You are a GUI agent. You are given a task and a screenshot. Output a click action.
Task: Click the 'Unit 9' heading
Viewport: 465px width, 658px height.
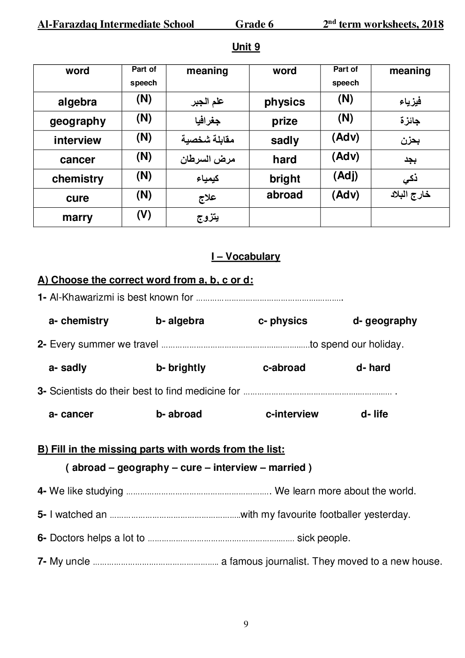pos(246,47)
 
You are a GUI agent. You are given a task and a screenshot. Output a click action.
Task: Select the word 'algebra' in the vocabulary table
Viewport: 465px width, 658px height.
pos(77,102)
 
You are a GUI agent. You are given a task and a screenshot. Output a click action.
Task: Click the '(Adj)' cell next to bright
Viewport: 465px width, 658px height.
pos(345,176)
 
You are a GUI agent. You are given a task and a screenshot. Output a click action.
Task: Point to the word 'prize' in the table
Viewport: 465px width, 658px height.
pos(285,121)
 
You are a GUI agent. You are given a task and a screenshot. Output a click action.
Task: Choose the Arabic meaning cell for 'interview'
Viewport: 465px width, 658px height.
pos(207,140)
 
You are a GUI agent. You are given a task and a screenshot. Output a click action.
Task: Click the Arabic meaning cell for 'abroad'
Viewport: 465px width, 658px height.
pos(410,195)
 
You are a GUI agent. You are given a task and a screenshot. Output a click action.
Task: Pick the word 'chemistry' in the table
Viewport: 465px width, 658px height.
pos(77,179)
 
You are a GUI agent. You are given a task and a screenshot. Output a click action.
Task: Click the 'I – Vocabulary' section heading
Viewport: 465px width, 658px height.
pos(246,257)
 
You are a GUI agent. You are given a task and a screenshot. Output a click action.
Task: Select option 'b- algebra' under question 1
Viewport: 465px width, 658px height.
pos(180,321)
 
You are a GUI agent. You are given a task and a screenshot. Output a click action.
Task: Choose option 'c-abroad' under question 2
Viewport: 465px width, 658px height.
pos(284,368)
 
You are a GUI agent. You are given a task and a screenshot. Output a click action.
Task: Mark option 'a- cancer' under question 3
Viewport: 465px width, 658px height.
pos(71,414)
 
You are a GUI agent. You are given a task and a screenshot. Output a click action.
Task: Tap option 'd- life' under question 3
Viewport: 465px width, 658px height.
pos(374,414)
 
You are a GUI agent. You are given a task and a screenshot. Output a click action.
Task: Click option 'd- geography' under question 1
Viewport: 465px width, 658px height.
pos(384,321)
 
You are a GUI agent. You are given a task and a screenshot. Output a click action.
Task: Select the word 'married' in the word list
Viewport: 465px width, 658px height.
pos(287,468)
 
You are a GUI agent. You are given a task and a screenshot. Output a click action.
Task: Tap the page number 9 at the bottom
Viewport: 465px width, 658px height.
pos(246,624)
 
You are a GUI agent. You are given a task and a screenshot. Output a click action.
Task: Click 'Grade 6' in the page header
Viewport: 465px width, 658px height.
pos(254,24)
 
